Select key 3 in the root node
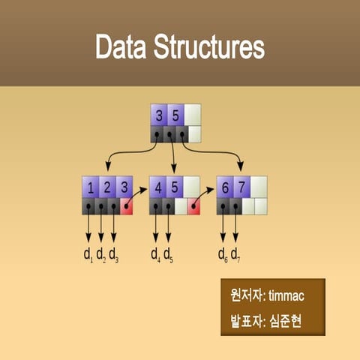pos(159,116)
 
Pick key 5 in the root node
pos(175,116)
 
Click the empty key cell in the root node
pos(193,116)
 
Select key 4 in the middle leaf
pos(157,187)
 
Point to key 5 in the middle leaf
pos(175,187)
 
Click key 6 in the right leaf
pos(224,187)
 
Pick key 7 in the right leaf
pos(241,187)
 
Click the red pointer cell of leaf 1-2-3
pos(125,206)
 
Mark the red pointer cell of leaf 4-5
pos(193,206)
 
